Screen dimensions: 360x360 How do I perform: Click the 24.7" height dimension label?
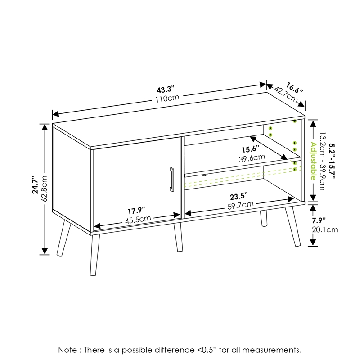(x=35, y=185)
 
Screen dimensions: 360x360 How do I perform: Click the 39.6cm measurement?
(x=252, y=158)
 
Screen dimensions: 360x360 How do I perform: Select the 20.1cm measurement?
(x=325, y=229)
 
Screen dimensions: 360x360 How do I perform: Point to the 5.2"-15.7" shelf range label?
(x=332, y=161)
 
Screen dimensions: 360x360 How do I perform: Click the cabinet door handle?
(x=171, y=179)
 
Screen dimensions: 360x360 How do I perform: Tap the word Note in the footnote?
(x=68, y=350)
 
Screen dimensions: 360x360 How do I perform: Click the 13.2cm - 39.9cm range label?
(x=323, y=161)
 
